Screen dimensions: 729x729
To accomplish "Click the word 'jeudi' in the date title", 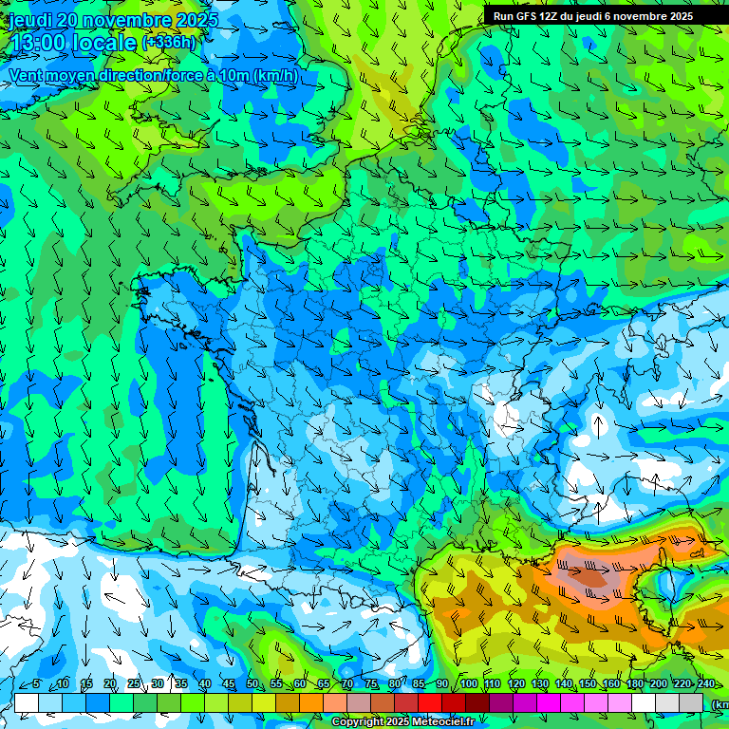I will pyautogui.click(x=30, y=20).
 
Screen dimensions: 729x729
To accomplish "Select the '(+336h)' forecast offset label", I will pyautogui.click(x=169, y=43).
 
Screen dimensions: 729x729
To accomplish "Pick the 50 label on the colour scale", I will pyautogui.click(x=252, y=684).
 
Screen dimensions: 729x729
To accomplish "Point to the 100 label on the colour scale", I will pyautogui.click(x=468, y=684).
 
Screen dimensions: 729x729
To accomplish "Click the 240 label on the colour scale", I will pyautogui.click(x=705, y=684).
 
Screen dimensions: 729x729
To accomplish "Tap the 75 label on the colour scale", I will pyautogui.click(x=371, y=684).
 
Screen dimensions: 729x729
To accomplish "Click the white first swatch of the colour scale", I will pyautogui.click(x=26, y=702).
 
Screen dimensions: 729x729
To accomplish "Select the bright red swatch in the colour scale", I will pyautogui.click(x=429, y=702).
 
